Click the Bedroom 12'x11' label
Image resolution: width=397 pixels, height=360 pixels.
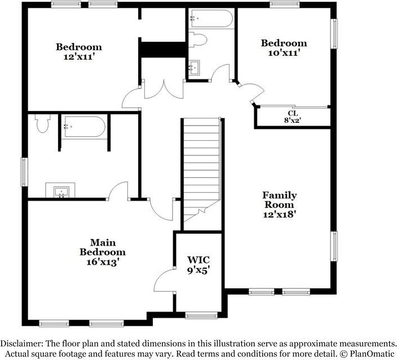78,51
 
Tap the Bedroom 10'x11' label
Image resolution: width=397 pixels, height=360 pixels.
284,48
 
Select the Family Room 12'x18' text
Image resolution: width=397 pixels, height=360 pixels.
279,205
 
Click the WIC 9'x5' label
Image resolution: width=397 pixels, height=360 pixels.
198,265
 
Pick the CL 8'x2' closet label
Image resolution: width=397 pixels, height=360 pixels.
292,116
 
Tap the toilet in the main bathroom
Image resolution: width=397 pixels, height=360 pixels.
42,123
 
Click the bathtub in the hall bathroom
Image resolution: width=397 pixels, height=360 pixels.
211,19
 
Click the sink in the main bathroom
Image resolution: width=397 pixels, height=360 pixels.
61,192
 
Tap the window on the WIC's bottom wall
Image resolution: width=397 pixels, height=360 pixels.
201,315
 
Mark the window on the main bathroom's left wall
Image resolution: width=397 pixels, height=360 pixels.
24,171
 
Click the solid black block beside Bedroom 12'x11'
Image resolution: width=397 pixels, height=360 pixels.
162,49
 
